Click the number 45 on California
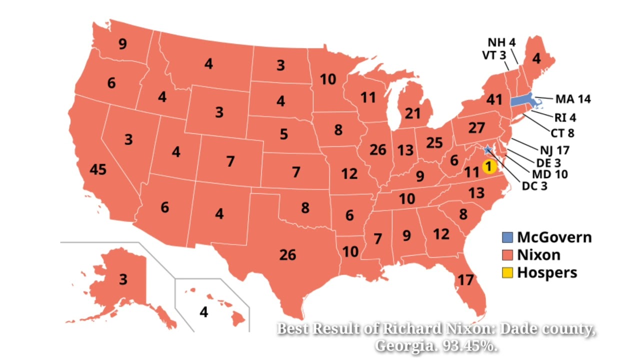pyautogui.click(x=98, y=169)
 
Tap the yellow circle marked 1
pyautogui.click(x=489, y=166)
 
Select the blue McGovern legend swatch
pyautogui.click(x=507, y=237)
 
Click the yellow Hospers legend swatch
pyautogui.click(x=507, y=272)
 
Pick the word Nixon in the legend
pyautogui.click(x=538, y=255)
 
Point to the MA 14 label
pyautogui.click(x=572, y=99)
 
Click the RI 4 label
pyautogui.click(x=565, y=118)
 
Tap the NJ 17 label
pyautogui.click(x=554, y=149)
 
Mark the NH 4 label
pyautogui.click(x=501, y=41)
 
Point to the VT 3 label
pyautogui.click(x=494, y=55)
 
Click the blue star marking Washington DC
pyautogui.click(x=487, y=150)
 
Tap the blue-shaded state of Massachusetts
pyautogui.click(x=522, y=99)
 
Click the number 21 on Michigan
pyautogui.click(x=412, y=113)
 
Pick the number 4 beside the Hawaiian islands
pyautogui.click(x=203, y=312)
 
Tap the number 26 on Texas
pyautogui.click(x=287, y=255)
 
